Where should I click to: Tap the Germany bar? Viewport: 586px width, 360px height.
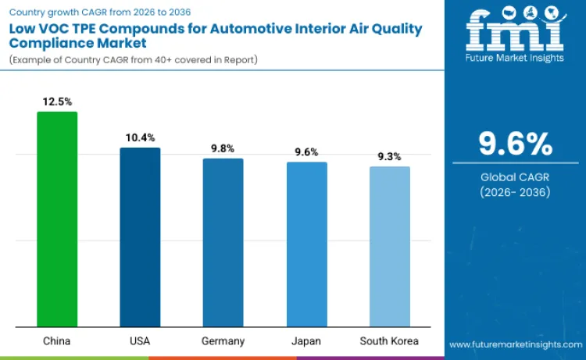tap(223, 242)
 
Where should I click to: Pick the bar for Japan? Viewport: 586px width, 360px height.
tap(306, 244)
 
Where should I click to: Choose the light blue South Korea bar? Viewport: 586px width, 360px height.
tap(389, 246)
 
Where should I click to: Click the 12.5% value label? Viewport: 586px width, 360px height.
tap(57, 102)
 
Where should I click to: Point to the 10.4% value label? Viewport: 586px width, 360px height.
tap(140, 137)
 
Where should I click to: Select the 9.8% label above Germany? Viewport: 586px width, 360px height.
tap(223, 148)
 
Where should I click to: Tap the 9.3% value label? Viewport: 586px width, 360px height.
tap(389, 156)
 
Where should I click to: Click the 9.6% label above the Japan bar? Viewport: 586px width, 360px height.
tap(306, 152)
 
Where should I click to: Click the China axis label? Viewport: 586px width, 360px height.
tap(57, 341)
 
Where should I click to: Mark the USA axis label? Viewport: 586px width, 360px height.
tap(140, 341)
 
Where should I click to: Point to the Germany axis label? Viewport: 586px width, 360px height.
tap(223, 341)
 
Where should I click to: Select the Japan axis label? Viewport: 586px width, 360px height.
tap(306, 341)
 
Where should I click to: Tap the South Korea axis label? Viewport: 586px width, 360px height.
tap(389, 341)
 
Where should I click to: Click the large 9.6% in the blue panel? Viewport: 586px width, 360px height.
tap(515, 144)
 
